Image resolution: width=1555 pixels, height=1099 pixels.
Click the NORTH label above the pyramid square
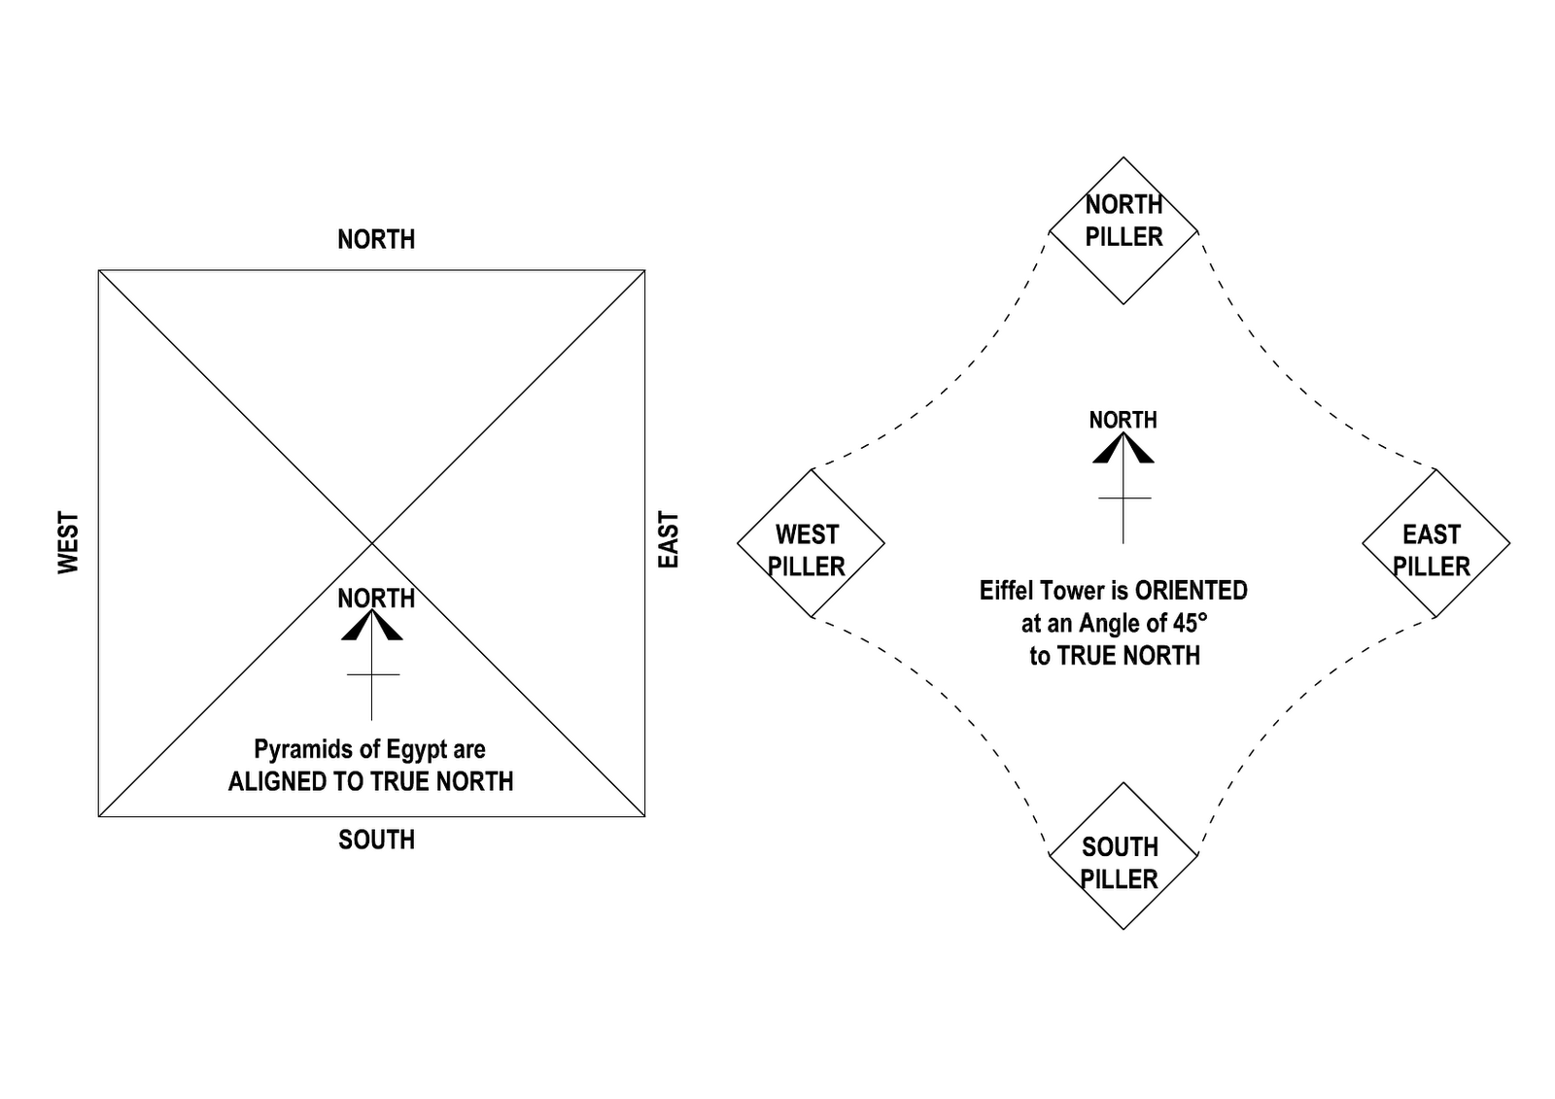click(x=376, y=239)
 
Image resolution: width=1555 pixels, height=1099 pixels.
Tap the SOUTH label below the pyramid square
click(x=376, y=840)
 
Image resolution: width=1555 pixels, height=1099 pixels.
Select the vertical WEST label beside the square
click(x=68, y=543)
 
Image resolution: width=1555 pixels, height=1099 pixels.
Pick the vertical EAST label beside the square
click(x=669, y=540)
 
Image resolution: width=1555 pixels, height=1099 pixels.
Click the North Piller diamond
click(x=1123, y=230)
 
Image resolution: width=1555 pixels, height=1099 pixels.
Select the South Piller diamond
click(x=1123, y=856)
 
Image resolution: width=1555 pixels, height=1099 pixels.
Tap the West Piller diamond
click(x=811, y=543)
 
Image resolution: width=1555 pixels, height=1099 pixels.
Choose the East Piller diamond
click(x=1435, y=543)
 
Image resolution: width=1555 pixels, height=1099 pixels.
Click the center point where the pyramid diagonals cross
click(x=371, y=543)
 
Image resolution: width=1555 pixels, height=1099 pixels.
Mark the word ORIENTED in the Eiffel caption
click(x=1191, y=591)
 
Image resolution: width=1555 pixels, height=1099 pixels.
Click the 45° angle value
click(x=1187, y=623)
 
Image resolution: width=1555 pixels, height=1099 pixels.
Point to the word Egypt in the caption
click(x=417, y=750)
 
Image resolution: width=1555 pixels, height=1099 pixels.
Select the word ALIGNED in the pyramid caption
click(x=271, y=782)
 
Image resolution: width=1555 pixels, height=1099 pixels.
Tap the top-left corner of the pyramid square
click(x=99, y=270)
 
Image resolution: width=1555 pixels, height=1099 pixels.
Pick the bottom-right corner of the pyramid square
click(x=644, y=816)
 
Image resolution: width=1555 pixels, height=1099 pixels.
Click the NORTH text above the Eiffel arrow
click(x=1123, y=420)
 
